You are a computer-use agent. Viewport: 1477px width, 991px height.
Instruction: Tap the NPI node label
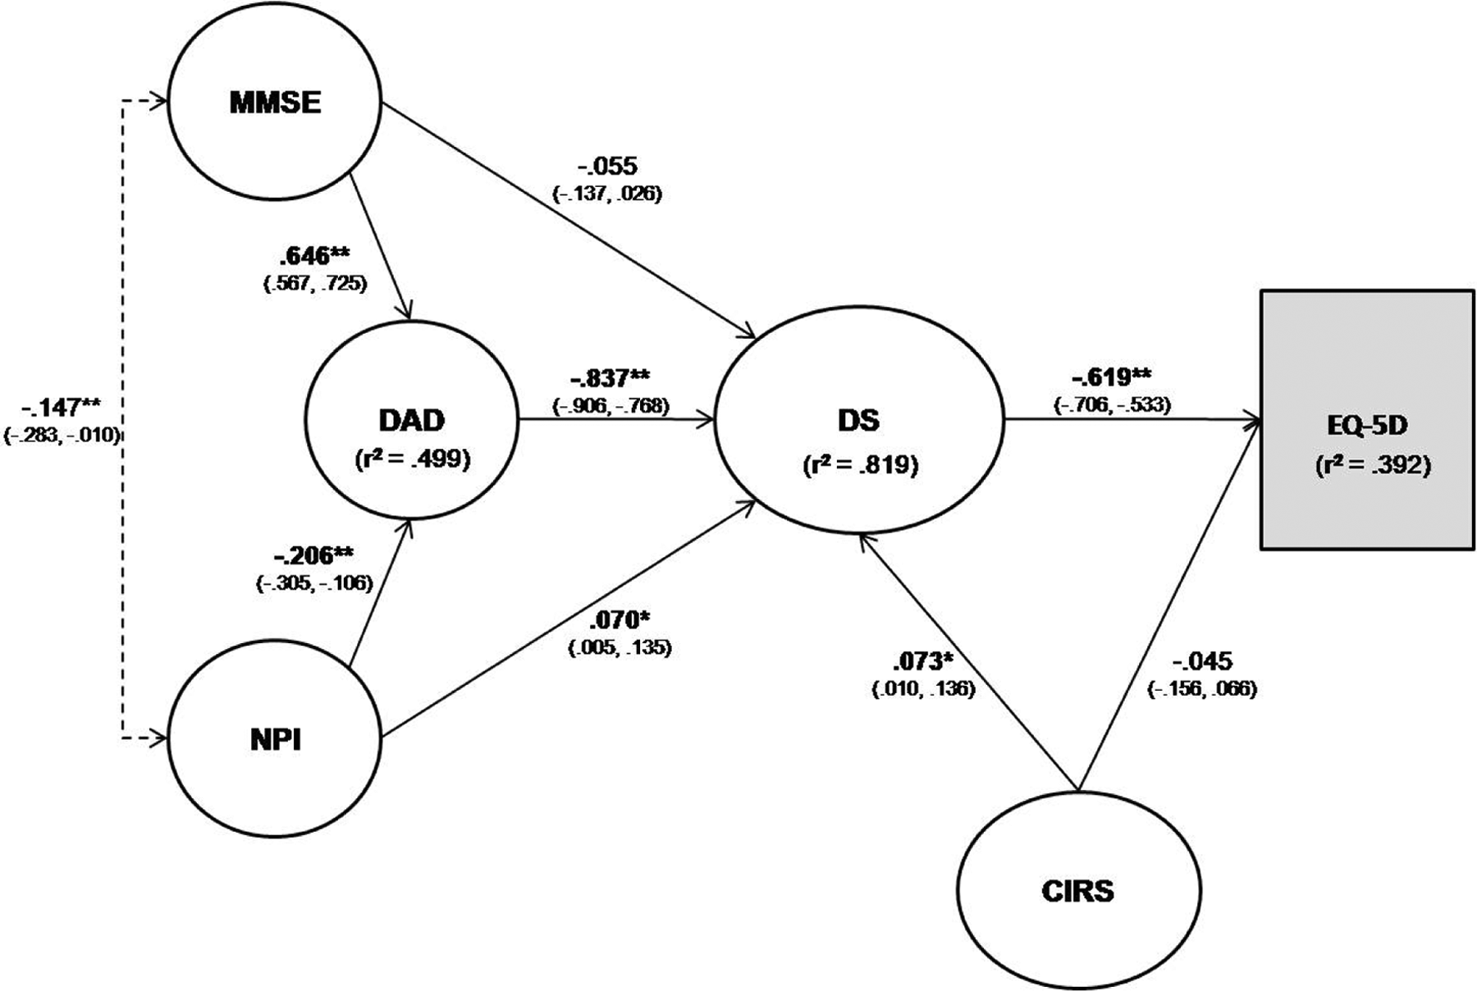pyautogui.click(x=275, y=740)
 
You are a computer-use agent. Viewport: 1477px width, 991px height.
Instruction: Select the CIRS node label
pyautogui.click(x=1078, y=891)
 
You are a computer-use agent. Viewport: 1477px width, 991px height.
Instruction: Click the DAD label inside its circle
pyautogui.click(x=412, y=420)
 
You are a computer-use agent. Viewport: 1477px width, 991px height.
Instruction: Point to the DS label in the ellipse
pyautogui.click(x=860, y=421)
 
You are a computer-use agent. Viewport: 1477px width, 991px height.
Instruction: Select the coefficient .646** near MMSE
pyautogui.click(x=315, y=257)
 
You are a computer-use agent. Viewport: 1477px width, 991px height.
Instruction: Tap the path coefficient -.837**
pyautogui.click(x=610, y=378)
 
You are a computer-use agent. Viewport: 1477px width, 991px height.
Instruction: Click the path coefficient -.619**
pyautogui.click(x=1112, y=377)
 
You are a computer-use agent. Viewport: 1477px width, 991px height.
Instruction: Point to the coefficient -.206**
pyautogui.click(x=314, y=556)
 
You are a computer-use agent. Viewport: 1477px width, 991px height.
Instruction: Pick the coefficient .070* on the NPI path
pyautogui.click(x=620, y=619)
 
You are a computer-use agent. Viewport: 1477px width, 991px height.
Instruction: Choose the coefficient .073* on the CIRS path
pyautogui.click(x=924, y=660)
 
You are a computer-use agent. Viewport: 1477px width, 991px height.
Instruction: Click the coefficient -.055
pyautogui.click(x=608, y=167)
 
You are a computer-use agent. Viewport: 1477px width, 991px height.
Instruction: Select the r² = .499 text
pyautogui.click(x=413, y=459)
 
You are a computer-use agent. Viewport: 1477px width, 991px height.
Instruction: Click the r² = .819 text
pyautogui.click(x=860, y=465)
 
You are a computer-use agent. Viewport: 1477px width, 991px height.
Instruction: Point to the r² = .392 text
pyautogui.click(x=1372, y=465)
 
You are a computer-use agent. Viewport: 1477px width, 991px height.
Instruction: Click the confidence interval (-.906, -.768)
pyautogui.click(x=610, y=405)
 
